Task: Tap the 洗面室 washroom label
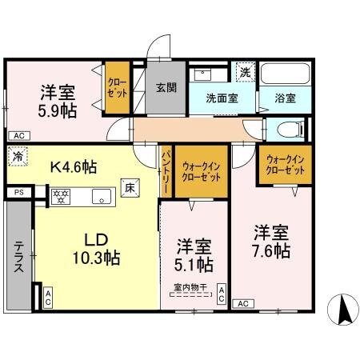tap(222, 99)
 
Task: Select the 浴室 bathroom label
tap(286, 99)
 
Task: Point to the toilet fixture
tap(288, 129)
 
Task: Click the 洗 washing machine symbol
tap(246, 71)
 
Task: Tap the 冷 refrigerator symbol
tap(18, 157)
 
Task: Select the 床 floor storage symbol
tap(128, 188)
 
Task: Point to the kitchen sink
tap(101, 194)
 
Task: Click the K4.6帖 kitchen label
tap(74, 167)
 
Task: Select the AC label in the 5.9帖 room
tap(18, 135)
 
